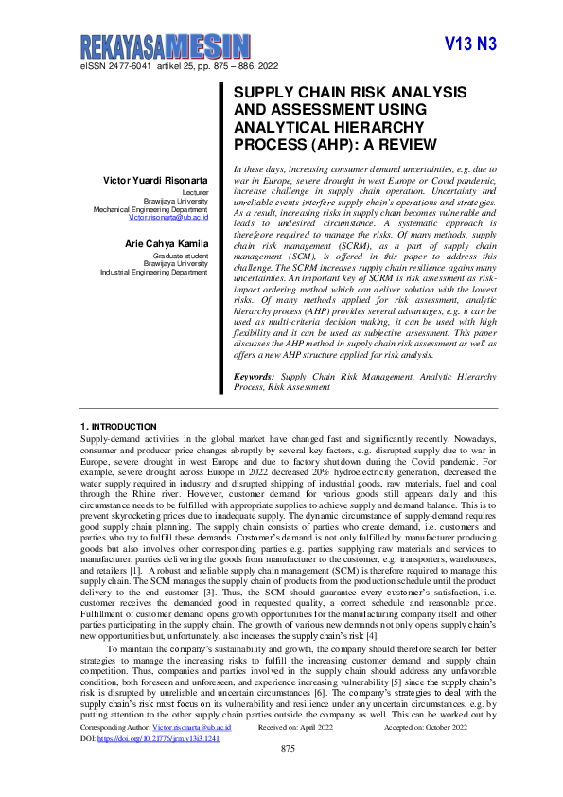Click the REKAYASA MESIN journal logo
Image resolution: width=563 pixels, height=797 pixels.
coord(166,46)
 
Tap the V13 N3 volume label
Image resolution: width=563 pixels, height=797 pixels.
coord(469,44)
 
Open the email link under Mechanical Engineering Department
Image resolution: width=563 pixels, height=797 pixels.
coord(168,217)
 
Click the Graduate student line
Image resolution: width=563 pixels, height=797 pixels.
coord(184,257)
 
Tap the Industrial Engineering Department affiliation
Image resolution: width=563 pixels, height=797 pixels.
coord(154,272)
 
